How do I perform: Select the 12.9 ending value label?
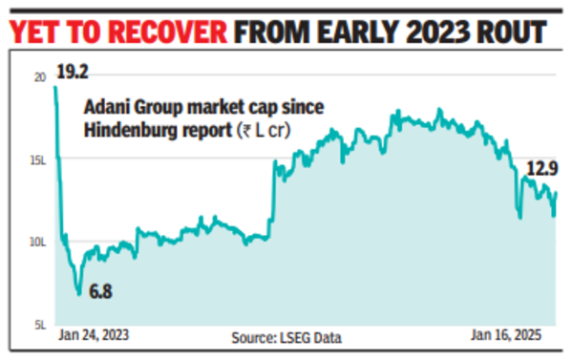tap(540, 169)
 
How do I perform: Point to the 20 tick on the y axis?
tap(39, 79)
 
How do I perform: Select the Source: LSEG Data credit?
tap(286, 337)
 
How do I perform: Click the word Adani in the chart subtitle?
tap(107, 107)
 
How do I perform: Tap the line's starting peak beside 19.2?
tap(55, 87)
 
